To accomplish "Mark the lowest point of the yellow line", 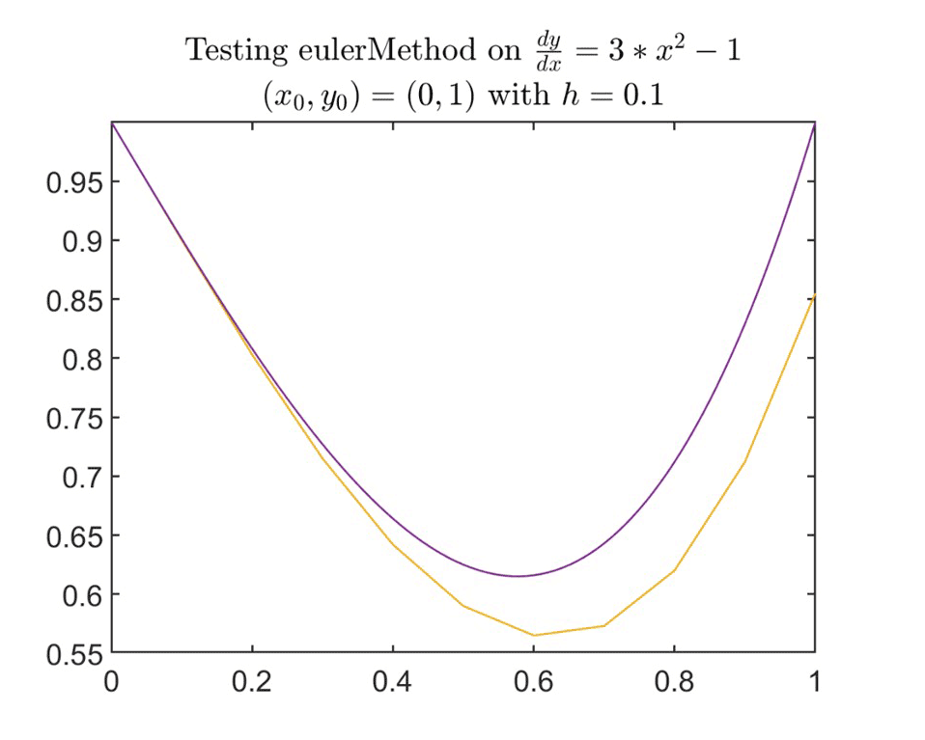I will point(534,635).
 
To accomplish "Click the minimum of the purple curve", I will point(519,576).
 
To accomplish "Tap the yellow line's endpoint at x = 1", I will point(815,295).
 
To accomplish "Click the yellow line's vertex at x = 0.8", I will point(674,570).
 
